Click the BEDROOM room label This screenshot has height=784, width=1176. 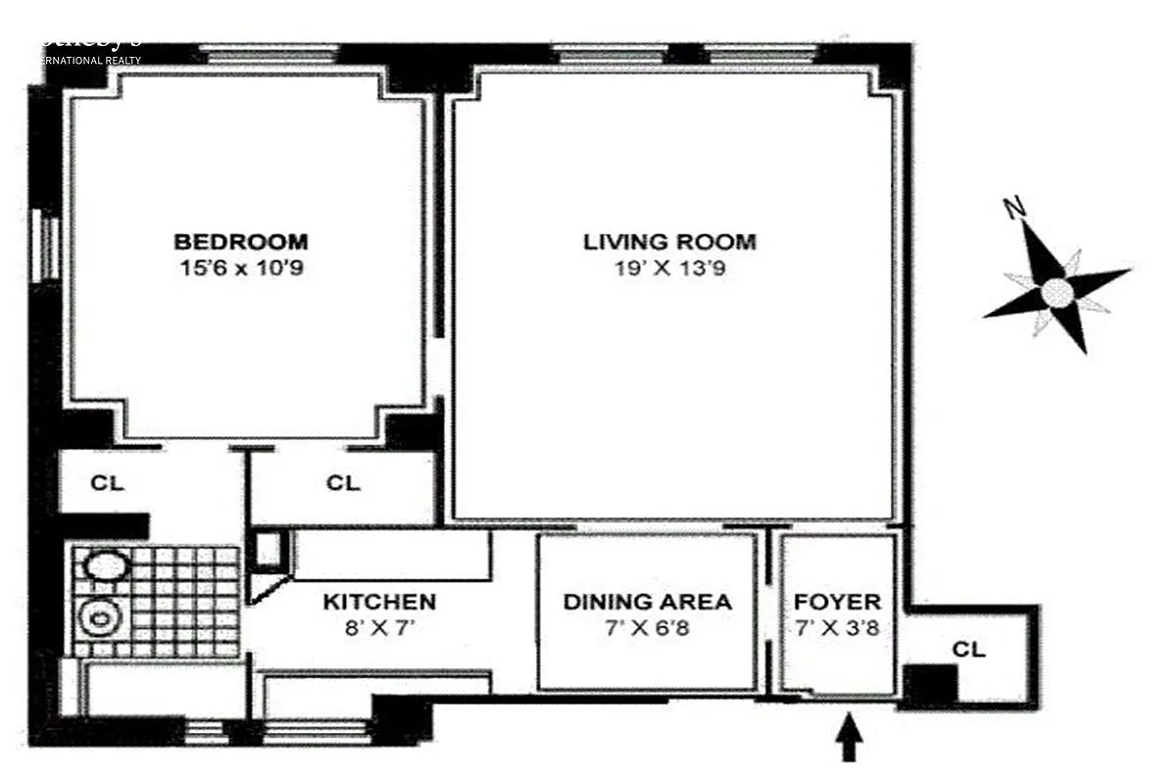(240, 241)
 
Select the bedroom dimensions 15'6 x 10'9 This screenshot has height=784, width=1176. (240, 267)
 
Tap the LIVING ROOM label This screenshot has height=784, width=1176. (669, 241)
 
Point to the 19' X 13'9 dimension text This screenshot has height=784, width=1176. (669, 267)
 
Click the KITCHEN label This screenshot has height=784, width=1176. (379, 602)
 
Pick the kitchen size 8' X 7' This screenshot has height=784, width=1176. (379, 627)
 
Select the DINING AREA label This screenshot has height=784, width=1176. (647, 602)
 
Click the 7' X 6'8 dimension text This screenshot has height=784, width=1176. (647, 627)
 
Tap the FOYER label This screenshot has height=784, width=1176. (837, 602)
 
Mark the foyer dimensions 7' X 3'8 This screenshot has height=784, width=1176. (837, 627)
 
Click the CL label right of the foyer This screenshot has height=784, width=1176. (968, 649)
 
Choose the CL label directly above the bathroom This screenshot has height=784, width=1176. (107, 483)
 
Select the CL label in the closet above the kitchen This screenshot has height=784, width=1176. (343, 483)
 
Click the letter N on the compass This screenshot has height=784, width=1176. (1015, 207)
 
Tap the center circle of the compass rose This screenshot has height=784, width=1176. (1056, 292)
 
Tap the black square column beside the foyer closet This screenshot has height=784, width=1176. (929, 684)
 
